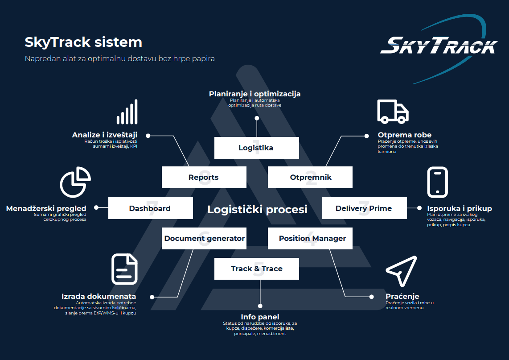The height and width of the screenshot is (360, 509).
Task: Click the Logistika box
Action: [256, 148]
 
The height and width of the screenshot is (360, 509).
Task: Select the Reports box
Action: [204, 177]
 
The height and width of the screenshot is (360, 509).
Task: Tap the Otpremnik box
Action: [310, 177]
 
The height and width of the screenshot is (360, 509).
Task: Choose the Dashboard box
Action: [150, 208]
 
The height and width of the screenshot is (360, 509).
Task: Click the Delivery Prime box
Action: [364, 208]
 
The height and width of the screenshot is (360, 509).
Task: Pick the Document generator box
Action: [204, 238]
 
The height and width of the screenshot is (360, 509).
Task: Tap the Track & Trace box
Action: [256, 269]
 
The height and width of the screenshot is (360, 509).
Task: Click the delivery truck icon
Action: [393, 112]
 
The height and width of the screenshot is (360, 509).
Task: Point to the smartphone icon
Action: [437, 182]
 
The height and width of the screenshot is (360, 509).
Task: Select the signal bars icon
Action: [127, 112]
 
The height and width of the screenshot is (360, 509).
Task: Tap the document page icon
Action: [124, 269]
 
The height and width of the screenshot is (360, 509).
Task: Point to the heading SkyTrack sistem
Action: [83, 42]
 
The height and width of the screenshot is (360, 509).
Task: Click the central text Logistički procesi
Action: [257, 209]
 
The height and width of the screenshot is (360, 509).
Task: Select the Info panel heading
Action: [260, 317]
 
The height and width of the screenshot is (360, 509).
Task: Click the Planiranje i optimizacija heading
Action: [255, 94]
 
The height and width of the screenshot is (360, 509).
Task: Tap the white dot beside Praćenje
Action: [371, 296]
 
